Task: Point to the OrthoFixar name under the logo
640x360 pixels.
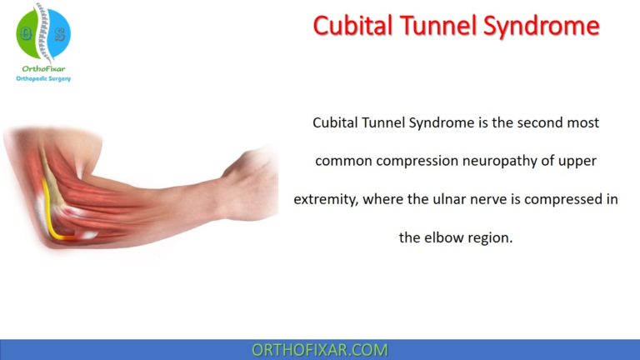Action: click(43, 68)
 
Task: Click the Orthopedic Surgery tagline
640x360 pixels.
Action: click(43, 79)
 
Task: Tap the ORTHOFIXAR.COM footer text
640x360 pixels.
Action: click(319, 350)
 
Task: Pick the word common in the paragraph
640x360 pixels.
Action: click(343, 161)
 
